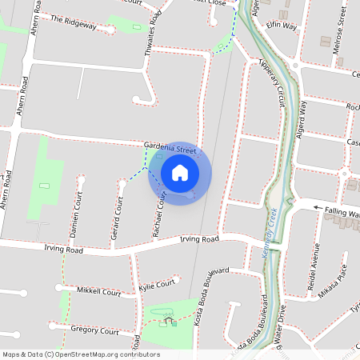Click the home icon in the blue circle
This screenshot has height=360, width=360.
180,173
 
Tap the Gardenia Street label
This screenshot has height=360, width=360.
170,149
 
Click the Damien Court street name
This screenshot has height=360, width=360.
76,217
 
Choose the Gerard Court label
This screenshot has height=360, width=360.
116,219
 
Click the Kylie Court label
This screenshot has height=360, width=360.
157,284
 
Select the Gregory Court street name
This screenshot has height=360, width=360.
94,331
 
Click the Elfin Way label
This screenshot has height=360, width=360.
282,26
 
